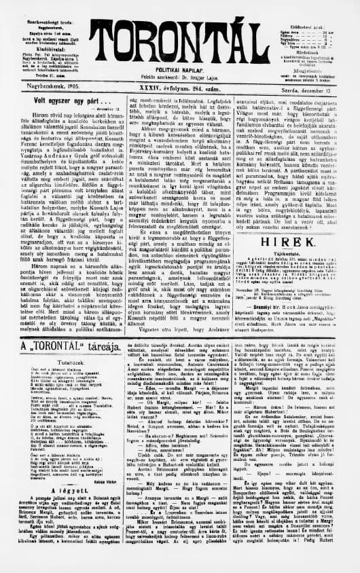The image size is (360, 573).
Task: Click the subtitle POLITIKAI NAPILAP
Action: (x=180, y=50)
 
